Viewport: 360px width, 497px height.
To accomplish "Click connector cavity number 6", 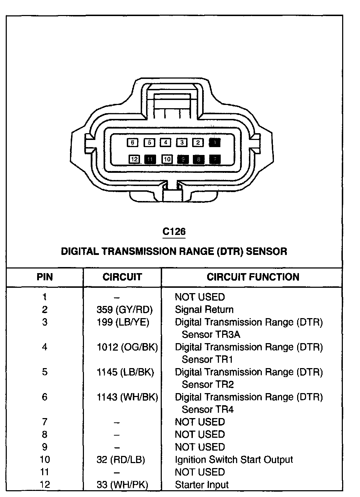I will [132, 143].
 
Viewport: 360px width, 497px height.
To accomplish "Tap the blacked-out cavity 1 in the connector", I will [215, 143].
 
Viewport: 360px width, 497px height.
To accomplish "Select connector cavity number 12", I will [134, 159].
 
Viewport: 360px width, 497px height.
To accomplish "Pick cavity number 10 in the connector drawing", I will [167, 159].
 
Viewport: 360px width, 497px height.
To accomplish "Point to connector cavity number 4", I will [165, 143].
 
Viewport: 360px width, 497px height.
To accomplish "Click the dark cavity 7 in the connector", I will [215, 159].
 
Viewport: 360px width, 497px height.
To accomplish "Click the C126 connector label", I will [174, 232].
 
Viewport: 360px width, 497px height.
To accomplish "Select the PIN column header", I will [45, 277].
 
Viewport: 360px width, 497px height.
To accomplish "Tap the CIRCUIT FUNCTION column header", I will [253, 277].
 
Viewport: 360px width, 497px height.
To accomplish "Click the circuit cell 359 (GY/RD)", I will [125, 310].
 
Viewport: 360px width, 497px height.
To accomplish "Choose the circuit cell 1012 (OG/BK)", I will [127, 347].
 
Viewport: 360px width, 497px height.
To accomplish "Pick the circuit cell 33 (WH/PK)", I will [122, 485].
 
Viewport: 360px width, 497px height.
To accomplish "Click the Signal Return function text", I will [204, 310].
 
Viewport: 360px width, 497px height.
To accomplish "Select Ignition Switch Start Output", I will [234, 460].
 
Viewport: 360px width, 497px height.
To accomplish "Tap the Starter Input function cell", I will [202, 485].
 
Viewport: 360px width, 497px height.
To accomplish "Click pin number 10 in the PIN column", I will [45, 460].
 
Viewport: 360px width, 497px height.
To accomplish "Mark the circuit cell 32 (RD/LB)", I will [121, 460].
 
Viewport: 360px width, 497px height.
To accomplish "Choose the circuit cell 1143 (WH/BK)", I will [127, 397].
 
